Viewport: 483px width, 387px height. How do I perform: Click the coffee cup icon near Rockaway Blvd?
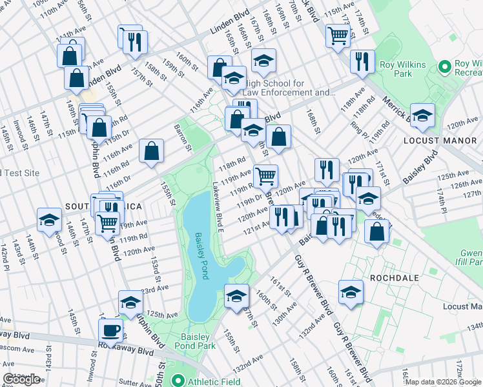[112, 330]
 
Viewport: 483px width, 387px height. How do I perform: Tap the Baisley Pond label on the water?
[203, 255]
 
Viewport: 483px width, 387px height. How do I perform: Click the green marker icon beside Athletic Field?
[178, 381]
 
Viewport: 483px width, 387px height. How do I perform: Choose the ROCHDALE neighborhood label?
[395, 277]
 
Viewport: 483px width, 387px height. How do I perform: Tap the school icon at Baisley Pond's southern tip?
[237, 295]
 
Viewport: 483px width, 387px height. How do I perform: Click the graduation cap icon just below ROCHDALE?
[351, 292]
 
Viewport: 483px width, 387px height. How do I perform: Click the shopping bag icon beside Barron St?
[151, 152]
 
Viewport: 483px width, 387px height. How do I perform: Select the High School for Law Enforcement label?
[285, 88]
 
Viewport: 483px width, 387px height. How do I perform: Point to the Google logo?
[22, 379]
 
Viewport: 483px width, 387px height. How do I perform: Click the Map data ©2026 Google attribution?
[443, 382]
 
